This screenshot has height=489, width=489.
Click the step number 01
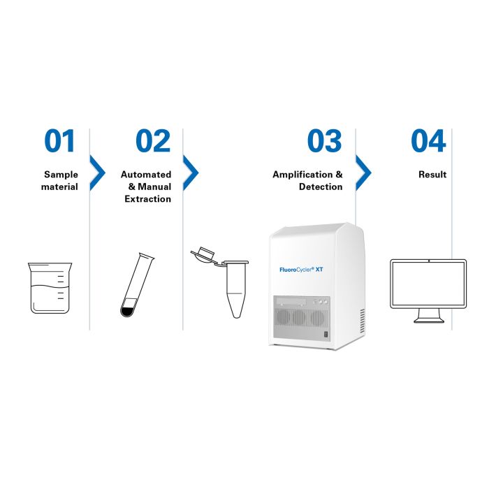tap(59, 141)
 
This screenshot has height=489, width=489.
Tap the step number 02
tap(153, 141)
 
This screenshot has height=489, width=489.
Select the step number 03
tap(325, 141)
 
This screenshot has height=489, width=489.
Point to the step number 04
tap(428, 141)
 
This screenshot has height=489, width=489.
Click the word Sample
tap(61, 175)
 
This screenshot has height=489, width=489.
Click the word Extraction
tap(148, 199)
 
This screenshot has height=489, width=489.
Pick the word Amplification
tap(302, 175)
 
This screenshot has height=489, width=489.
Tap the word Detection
tap(321, 187)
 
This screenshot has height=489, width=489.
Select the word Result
tap(432, 175)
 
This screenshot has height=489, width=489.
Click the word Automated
tap(146, 175)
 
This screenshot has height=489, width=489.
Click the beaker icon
tap(50, 288)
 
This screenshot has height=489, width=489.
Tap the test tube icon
tap(137, 285)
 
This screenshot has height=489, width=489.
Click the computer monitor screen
tap(428, 284)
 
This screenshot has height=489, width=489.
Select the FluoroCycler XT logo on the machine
tap(301, 270)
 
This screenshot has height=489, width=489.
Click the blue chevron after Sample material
tap(98, 173)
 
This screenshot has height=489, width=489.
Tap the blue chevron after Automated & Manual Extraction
tap(191, 173)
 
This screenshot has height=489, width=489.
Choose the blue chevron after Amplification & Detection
tap(364, 173)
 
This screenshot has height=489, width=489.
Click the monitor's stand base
tap(429, 320)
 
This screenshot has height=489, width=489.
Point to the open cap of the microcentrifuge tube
tap(203, 254)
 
